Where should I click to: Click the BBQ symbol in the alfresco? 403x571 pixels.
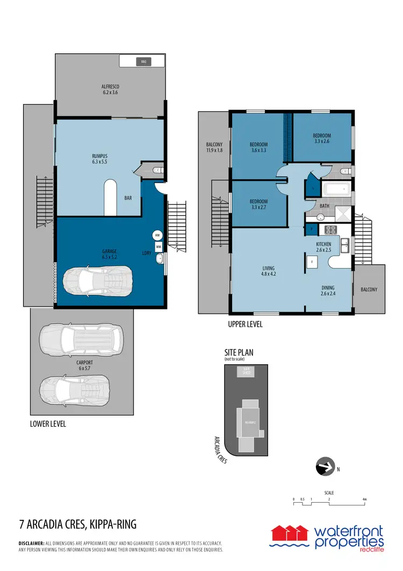point(143,62)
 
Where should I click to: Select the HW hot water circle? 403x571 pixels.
point(157,236)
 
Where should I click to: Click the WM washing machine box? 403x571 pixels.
point(159,246)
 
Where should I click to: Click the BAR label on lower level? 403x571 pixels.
point(128,198)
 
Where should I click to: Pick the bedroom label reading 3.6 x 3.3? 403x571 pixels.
point(258,147)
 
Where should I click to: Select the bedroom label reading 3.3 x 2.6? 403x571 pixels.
point(322,138)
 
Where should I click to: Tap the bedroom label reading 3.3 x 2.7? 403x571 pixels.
point(258,203)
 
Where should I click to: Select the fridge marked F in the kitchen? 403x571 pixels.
point(312,262)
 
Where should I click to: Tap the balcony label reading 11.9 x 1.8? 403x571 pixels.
point(214,147)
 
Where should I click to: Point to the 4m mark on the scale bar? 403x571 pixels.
point(364,499)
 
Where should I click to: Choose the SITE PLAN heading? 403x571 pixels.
point(239,353)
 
